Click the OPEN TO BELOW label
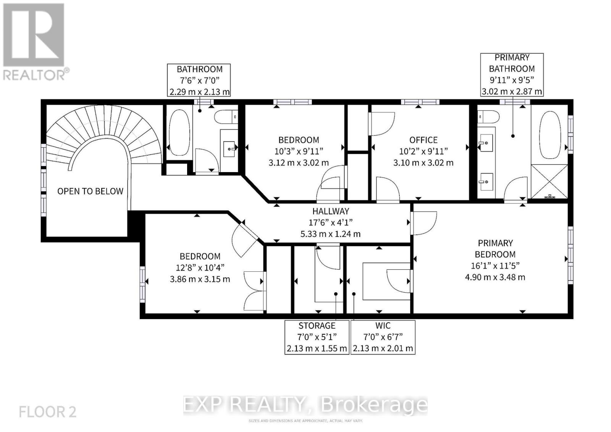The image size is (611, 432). tap(90, 191)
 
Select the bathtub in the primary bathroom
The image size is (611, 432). tap(550, 135)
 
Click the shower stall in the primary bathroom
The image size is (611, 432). tap(550, 181)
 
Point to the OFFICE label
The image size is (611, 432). tap(423, 140)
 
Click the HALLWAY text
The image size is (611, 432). tap(330, 211)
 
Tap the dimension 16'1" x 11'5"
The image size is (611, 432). tap(495, 266)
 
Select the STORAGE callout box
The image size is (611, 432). tap(317, 337)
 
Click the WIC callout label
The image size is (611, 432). tap(383, 326)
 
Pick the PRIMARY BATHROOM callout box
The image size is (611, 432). tap(511, 74)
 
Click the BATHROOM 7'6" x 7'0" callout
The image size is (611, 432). tap(199, 80)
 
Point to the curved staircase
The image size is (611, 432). tap(103, 130)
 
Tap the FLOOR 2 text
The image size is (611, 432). tap(47, 412)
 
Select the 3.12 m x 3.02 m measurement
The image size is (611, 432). tap(298, 163)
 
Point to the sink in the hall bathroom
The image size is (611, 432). tap(229, 146)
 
